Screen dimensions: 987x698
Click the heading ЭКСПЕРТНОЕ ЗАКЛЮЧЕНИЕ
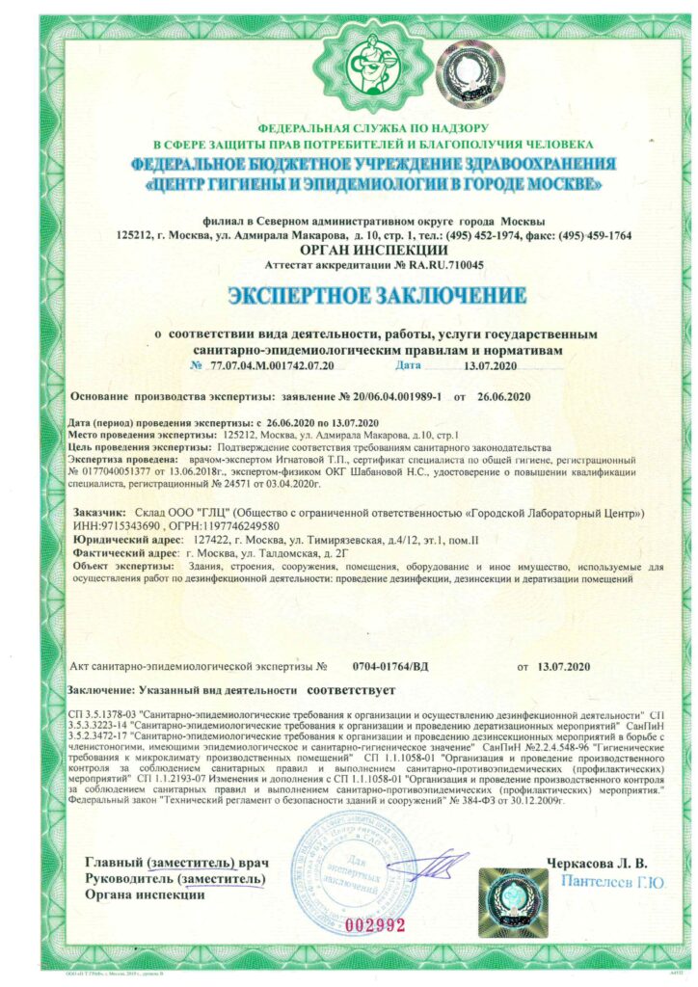[x=377, y=295]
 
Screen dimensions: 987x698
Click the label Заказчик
[x=98, y=512]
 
